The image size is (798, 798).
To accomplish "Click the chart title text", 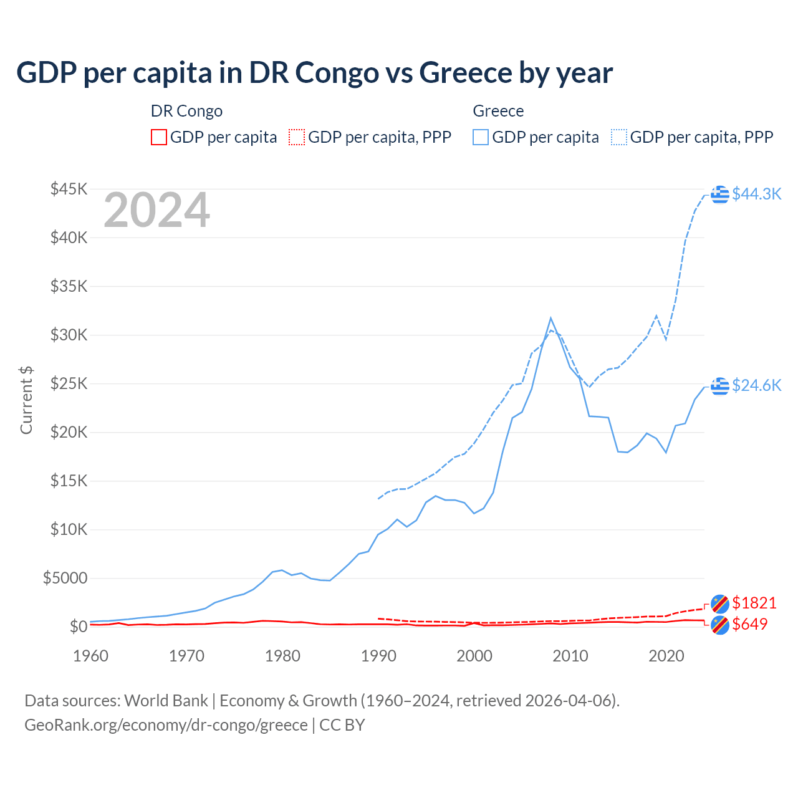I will pyautogui.click(x=314, y=73).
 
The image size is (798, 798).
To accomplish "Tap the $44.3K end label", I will pyautogui.click(x=756, y=194).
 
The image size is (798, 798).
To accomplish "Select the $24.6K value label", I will pyautogui.click(x=756, y=385).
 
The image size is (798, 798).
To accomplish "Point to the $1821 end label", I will pyautogui.click(x=754, y=603).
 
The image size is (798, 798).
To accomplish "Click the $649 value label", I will pyautogui.click(x=749, y=624).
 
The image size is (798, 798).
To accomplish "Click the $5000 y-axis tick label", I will pyautogui.click(x=65, y=578).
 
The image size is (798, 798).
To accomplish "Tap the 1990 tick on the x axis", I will pyautogui.click(x=378, y=656).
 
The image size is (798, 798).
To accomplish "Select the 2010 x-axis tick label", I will pyautogui.click(x=570, y=656).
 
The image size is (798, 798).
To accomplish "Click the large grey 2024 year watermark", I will pyautogui.click(x=156, y=210).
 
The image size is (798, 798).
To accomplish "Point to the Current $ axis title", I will pyautogui.click(x=26, y=400).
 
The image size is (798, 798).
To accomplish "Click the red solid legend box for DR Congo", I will pyautogui.click(x=159, y=137).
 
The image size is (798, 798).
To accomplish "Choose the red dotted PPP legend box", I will pyautogui.click(x=297, y=137).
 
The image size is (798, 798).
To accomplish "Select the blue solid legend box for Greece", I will pyautogui.click(x=481, y=137).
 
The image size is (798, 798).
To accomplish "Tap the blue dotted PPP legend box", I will pyautogui.click(x=619, y=137).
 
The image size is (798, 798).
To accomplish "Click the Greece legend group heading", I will pyautogui.click(x=498, y=111).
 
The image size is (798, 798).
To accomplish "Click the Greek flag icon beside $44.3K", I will pyautogui.click(x=720, y=195).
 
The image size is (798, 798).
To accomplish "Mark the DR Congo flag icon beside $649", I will pyautogui.click(x=720, y=625).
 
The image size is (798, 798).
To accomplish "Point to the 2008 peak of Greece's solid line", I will pyautogui.click(x=550, y=318).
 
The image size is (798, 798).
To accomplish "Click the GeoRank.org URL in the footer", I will pyautogui.click(x=166, y=725).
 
